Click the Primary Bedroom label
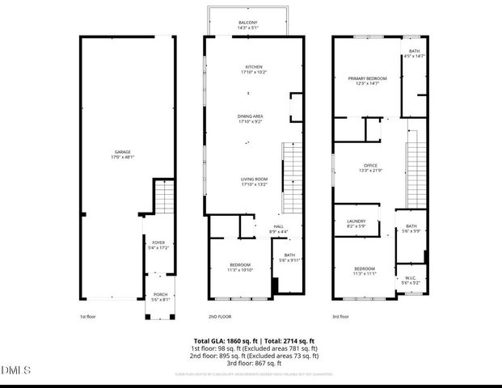[367, 80]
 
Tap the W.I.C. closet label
[410, 280]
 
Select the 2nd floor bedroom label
[239, 268]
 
